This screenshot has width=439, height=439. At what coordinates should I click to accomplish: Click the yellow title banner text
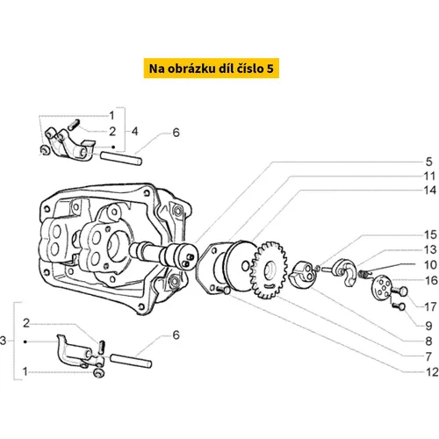212,68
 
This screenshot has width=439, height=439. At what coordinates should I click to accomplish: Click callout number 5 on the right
428,162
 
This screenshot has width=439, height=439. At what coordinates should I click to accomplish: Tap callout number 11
429,176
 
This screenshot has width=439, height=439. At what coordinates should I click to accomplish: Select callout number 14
430,191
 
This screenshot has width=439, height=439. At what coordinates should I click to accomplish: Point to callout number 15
430,234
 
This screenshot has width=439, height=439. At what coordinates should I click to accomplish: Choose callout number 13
430,249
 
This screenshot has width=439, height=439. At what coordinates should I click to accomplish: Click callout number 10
430,265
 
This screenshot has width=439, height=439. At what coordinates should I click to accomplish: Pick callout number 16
431,280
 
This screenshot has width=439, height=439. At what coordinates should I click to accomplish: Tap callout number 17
430,307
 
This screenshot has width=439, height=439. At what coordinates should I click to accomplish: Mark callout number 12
432,372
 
